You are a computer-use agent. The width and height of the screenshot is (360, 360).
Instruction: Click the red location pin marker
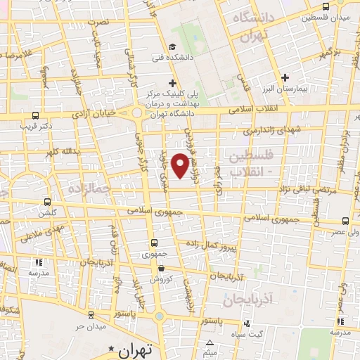pos(181,165)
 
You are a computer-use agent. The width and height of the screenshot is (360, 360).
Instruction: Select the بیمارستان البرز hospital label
pos(285,91)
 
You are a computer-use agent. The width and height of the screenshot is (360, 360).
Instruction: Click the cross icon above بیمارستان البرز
pos(285,77)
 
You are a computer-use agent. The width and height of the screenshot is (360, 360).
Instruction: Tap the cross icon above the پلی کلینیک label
pos(173,84)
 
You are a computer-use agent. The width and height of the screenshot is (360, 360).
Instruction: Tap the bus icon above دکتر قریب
pos(36,117)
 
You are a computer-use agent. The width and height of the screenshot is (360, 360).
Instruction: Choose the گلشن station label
pos(48,212)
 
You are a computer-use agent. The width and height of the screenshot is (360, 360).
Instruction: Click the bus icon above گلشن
pos(48,200)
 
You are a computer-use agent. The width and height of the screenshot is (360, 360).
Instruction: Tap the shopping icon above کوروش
pos(162,267)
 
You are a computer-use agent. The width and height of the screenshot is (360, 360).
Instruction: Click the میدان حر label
pos(91,328)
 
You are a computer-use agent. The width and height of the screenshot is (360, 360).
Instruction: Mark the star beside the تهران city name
pos(110,349)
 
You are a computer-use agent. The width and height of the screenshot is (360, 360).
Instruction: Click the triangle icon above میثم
pos(210,341)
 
